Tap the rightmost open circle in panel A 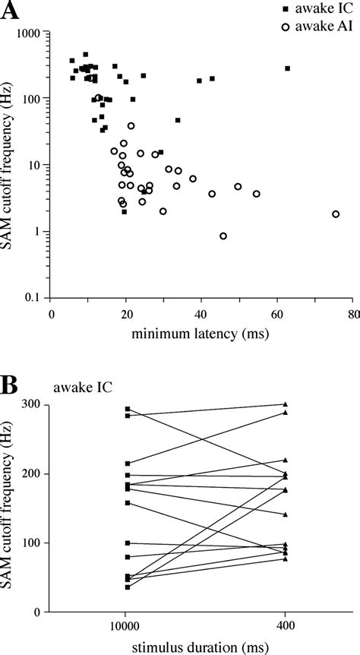click(x=336, y=214)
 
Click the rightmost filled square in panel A click(x=288, y=68)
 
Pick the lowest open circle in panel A click(x=223, y=236)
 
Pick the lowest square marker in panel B click(x=128, y=587)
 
